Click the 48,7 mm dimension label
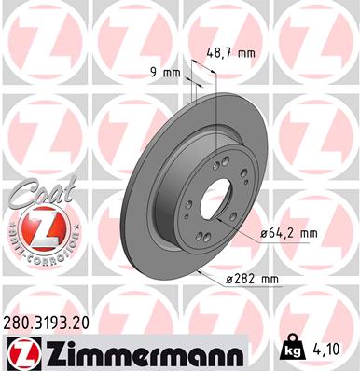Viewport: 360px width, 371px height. pos(229,53)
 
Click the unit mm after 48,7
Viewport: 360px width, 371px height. pos(243,53)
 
